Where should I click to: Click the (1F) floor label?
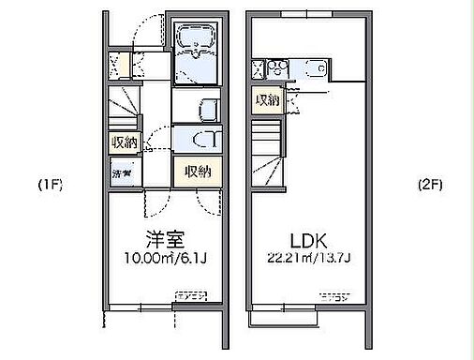[50, 184]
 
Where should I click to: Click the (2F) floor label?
[431, 184]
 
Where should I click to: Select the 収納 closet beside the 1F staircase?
[125, 143]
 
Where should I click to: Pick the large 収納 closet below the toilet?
[198, 172]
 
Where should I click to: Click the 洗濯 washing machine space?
[123, 173]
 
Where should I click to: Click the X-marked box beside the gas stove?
[258, 67]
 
